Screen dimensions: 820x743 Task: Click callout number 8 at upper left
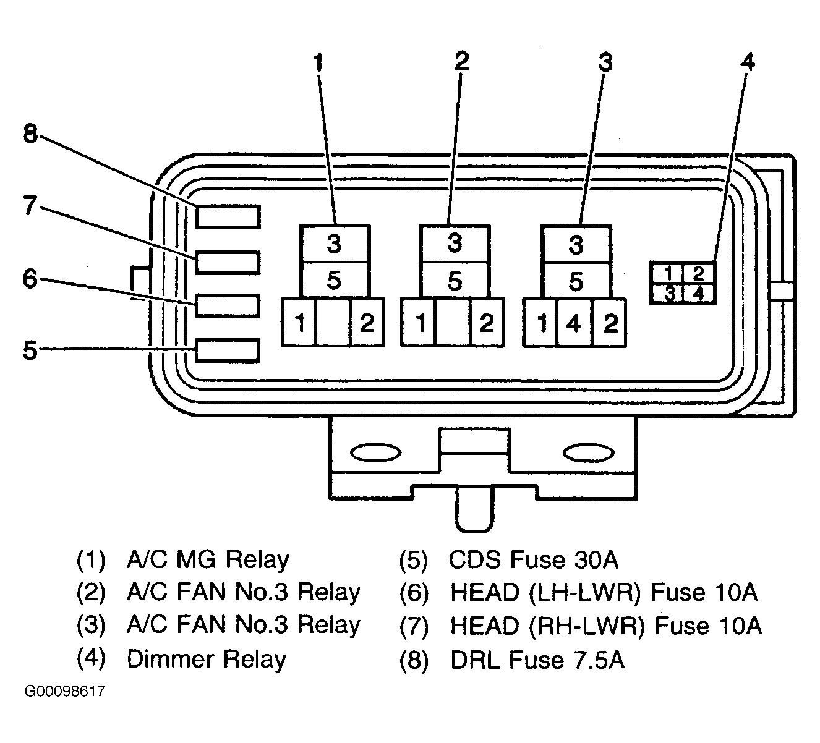tap(30, 134)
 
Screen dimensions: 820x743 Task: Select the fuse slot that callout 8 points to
tap(228, 216)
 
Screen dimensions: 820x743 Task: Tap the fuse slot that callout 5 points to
tap(228, 350)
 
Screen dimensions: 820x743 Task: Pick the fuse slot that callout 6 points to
tap(228, 305)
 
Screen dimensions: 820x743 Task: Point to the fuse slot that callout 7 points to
tap(228, 262)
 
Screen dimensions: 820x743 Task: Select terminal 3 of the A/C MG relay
tap(335, 244)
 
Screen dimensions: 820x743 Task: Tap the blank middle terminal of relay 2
tap(453, 323)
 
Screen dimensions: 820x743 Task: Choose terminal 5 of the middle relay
tap(455, 281)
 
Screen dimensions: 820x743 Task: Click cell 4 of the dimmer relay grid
tap(699, 294)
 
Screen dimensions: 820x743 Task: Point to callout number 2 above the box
tap(461, 62)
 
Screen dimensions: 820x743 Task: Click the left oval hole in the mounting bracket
tap(375, 453)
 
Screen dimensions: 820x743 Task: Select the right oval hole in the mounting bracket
tap(589, 453)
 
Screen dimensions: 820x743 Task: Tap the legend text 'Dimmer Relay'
tap(207, 659)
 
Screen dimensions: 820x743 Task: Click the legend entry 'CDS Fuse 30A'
tap(534, 559)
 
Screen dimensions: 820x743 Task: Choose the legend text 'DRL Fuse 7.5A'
tap(537, 660)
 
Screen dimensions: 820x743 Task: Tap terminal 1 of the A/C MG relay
tap(299, 323)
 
